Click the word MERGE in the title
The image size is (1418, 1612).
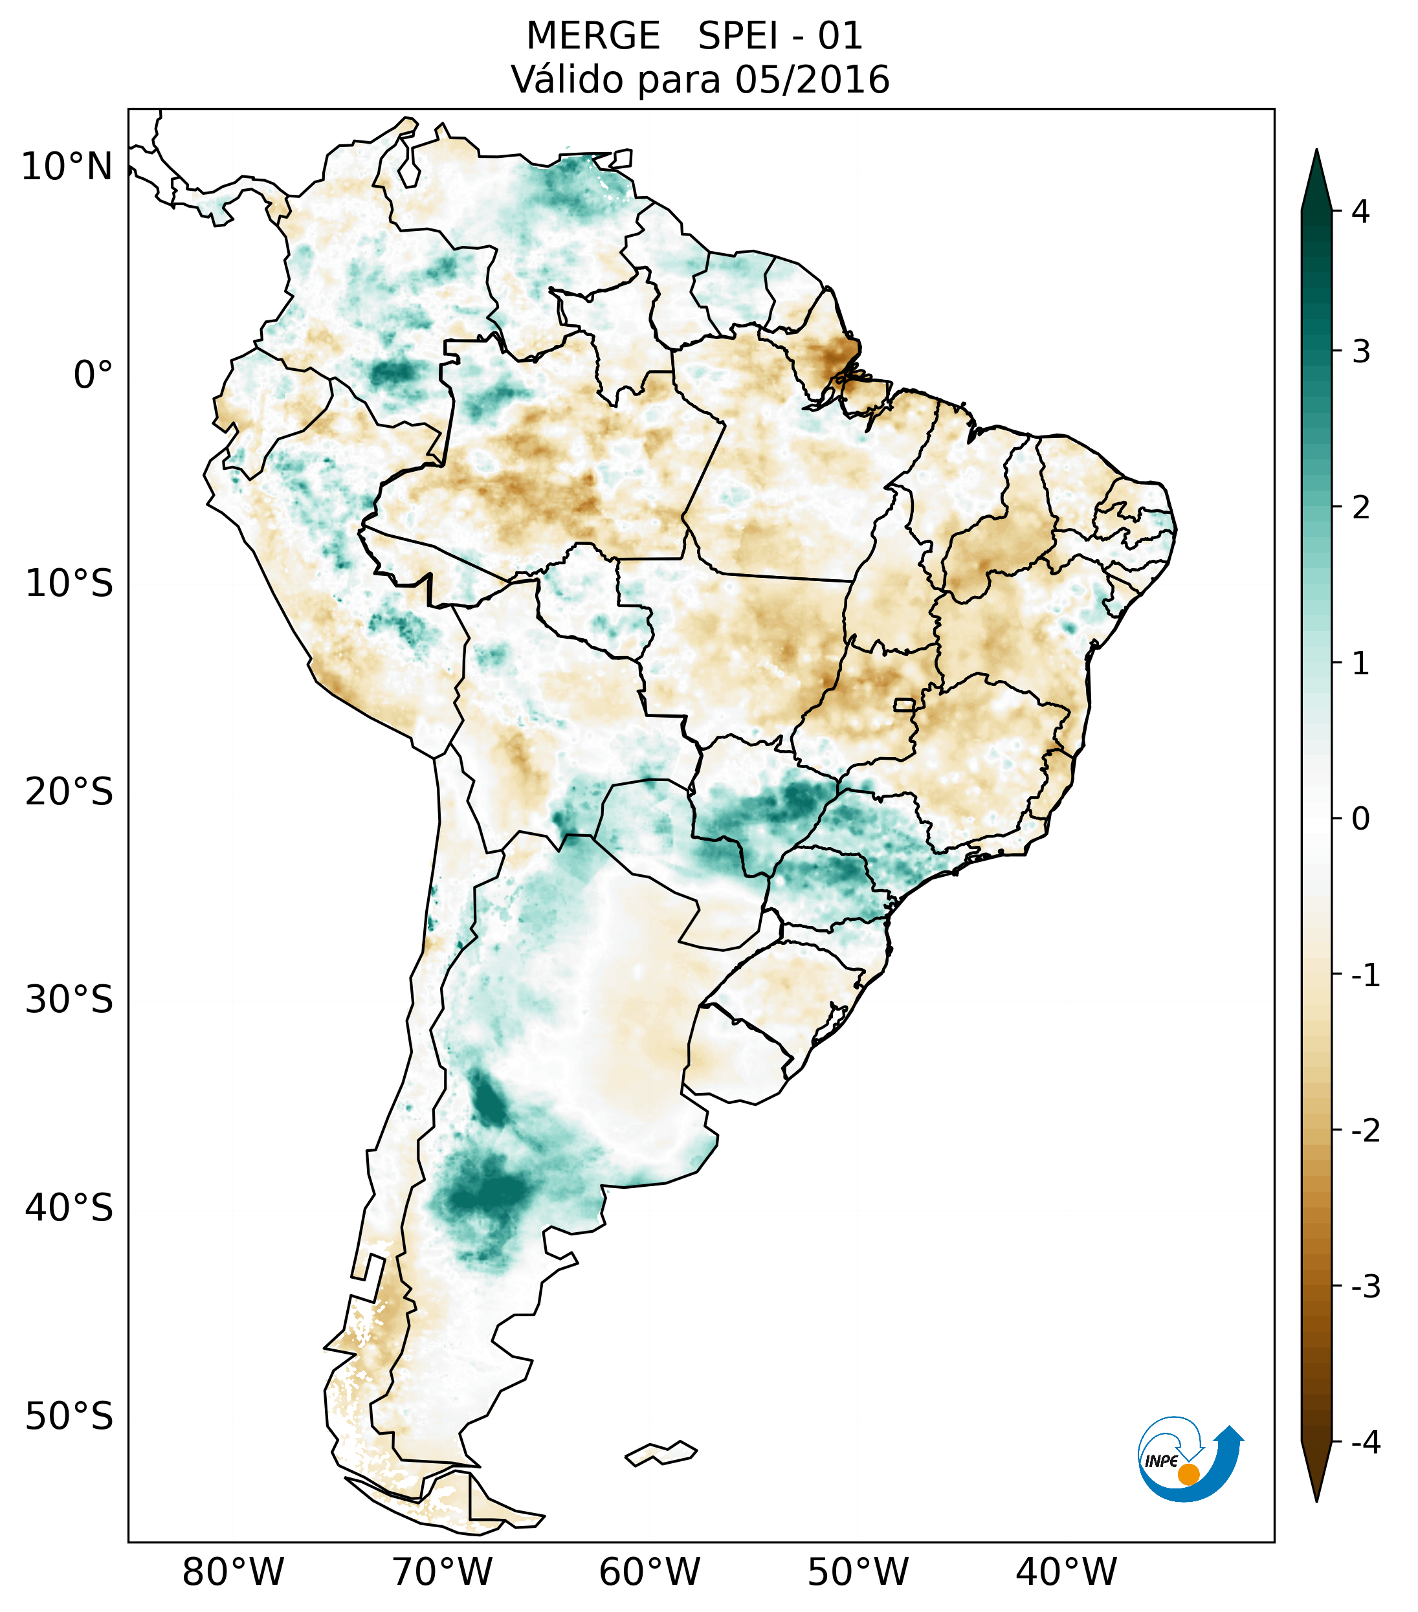click(592, 36)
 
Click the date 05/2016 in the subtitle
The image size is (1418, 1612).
click(812, 80)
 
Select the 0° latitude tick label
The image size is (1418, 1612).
click(93, 375)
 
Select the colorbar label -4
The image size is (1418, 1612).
click(1365, 1443)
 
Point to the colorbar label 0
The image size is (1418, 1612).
click(1360, 819)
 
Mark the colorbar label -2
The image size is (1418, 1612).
click(1365, 1131)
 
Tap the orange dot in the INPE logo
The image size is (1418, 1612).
click(1188, 1474)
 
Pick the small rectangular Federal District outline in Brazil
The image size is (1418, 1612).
click(905, 704)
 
